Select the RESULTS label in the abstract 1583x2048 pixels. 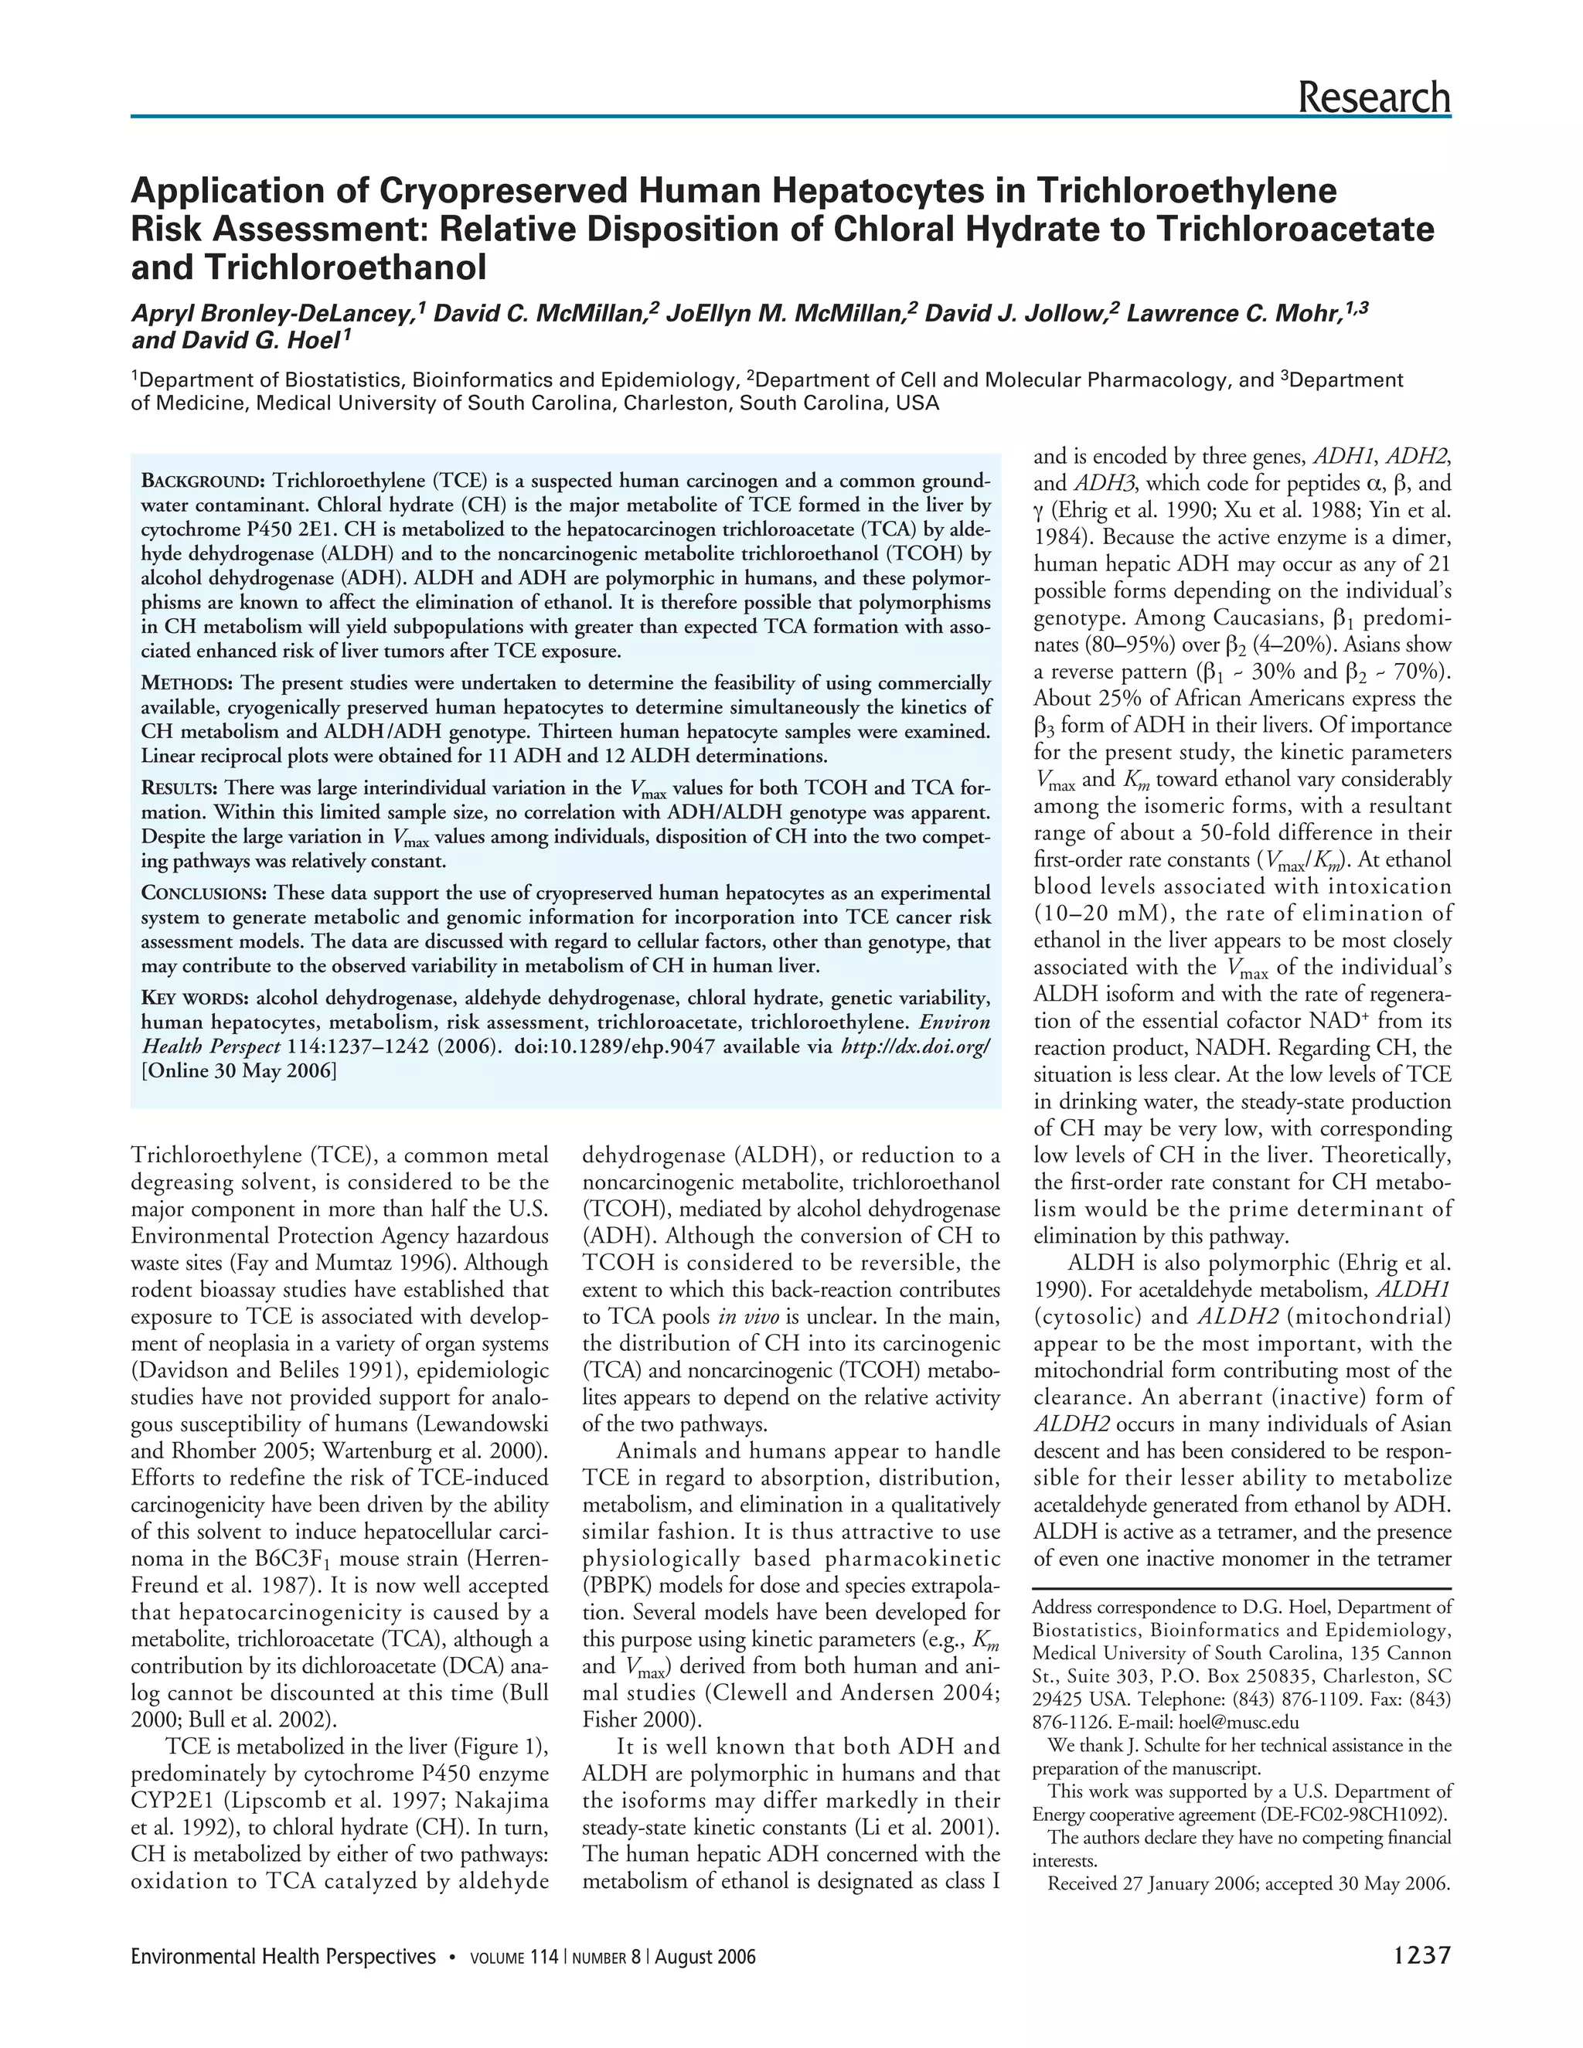tap(181, 788)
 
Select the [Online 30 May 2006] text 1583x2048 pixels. tap(238, 1072)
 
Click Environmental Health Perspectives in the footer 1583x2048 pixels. tap(283, 1957)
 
